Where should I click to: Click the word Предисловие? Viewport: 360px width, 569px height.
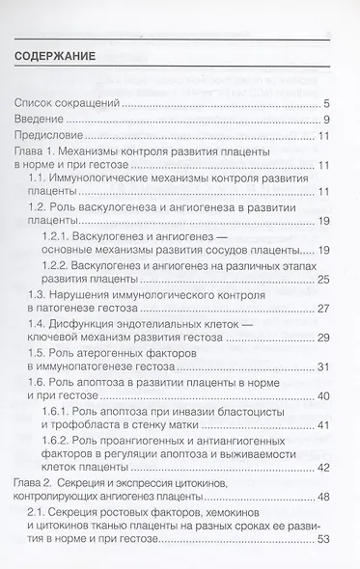[x=54, y=136]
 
